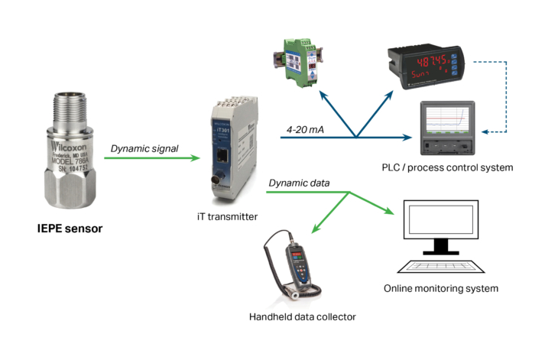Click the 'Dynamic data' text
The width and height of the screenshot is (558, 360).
[299, 183]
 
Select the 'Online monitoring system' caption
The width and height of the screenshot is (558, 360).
[441, 289]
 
